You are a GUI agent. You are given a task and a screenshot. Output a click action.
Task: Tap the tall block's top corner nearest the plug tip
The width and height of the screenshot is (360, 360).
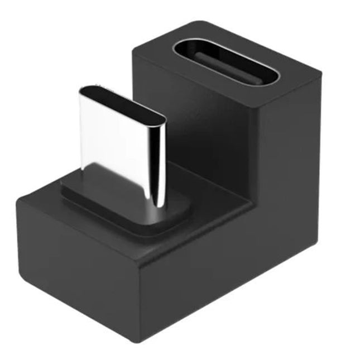coord(135,51)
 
